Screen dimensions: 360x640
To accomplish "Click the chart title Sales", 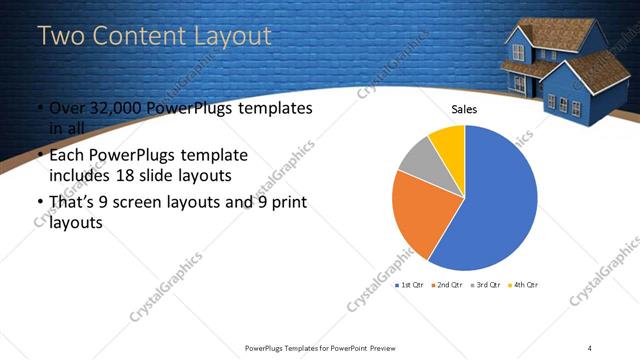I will coord(464,109).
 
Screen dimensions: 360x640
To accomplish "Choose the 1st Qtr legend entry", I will coord(410,286).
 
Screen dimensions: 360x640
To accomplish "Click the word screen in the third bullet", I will coord(139,204).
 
